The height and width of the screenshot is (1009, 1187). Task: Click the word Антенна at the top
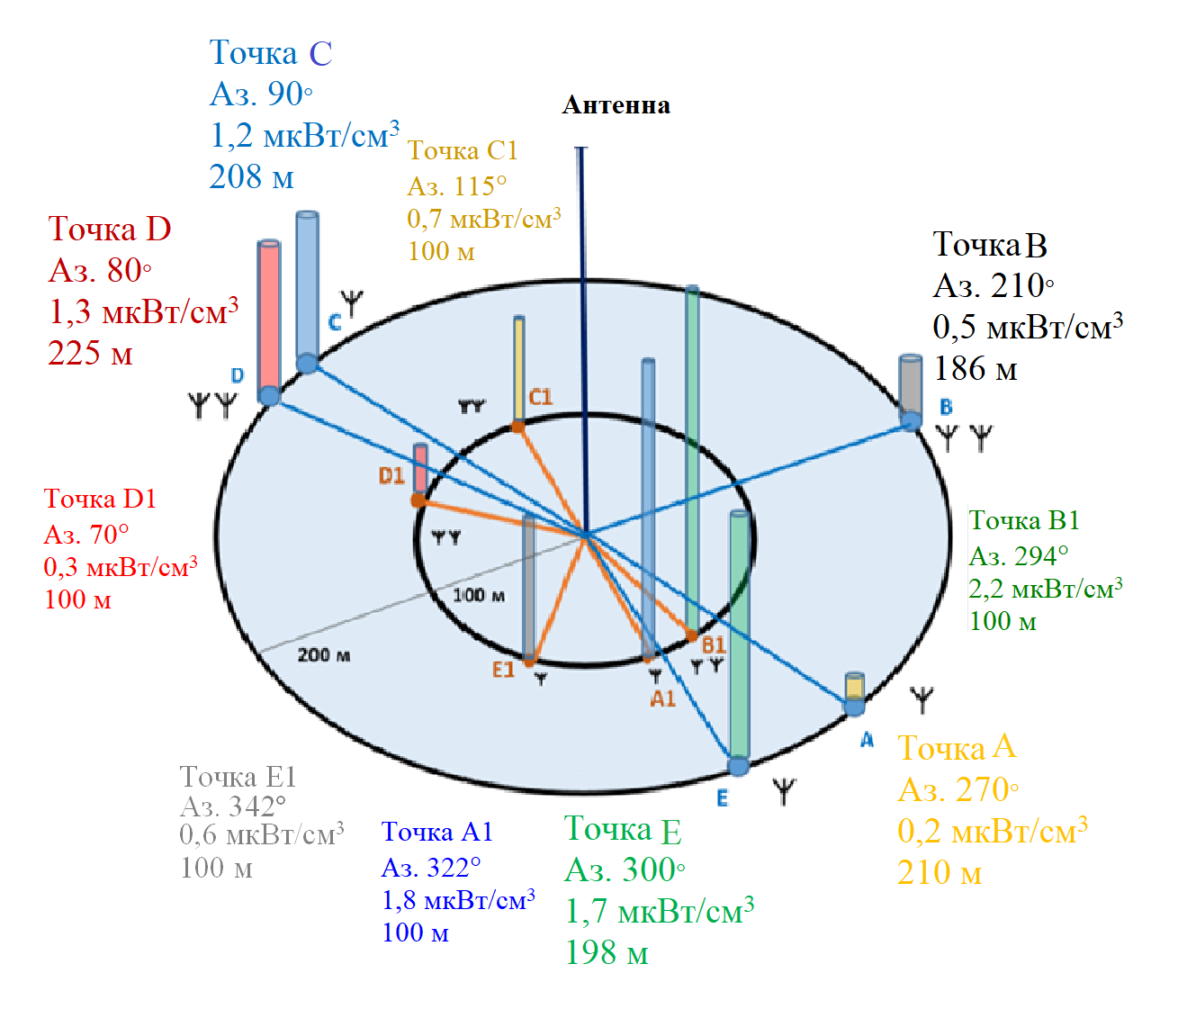[x=616, y=105]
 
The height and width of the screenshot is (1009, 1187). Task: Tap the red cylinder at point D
[x=268, y=315]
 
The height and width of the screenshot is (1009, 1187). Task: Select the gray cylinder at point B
[x=911, y=385]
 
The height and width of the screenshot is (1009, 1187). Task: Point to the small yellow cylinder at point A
[x=854, y=687]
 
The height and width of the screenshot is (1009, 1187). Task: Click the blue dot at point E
[x=739, y=767]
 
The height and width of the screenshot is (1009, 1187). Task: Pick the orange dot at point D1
[x=418, y=500]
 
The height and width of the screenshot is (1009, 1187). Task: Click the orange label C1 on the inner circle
[x=541, y=397]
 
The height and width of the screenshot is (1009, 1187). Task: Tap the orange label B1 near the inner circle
[x=714, y=644]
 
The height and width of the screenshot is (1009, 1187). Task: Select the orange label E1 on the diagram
[x=503, y=670]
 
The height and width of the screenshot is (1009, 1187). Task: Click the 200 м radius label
[x=324, y=655]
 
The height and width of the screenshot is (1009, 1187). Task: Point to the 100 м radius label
[x=478, y=595]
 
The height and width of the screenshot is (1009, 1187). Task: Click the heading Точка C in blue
[x=271, y=53]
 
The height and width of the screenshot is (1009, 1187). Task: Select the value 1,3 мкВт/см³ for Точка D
[x=143, y=311]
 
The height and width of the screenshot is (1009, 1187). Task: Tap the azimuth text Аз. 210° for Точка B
[x=994, y=285]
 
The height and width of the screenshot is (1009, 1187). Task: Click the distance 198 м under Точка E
[x=607, y=952]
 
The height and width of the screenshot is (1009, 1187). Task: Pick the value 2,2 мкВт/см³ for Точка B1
[x=1045, y=589]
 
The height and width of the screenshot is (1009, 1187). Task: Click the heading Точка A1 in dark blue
[x=437, y=832]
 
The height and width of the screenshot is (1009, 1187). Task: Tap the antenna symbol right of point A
[x=922, y=698]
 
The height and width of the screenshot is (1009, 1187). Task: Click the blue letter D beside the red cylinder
[x=238, y=375]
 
